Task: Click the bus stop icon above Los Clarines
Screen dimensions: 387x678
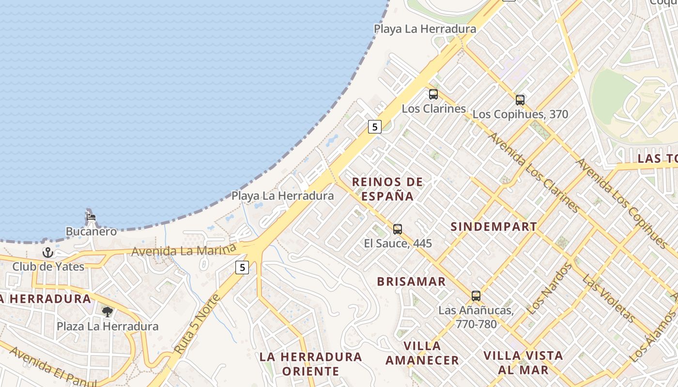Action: (433, 94)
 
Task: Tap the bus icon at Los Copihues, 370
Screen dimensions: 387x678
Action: (520, 100)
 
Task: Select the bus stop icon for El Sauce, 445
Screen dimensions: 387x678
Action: (398, 229)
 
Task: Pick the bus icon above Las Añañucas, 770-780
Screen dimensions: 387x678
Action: (476, 296)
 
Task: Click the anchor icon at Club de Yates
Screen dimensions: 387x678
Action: (47, 252)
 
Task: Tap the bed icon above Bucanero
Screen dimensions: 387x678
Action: (91, 217)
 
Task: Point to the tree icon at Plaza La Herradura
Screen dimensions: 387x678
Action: (107, 312)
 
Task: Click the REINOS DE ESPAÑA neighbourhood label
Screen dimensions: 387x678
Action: (387, 189)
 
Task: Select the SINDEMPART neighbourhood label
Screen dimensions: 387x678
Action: (493, 226)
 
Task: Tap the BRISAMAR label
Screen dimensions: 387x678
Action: (411, 282)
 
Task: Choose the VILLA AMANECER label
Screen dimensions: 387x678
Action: (422, 353)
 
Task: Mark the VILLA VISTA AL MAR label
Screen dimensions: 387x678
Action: (523, 363)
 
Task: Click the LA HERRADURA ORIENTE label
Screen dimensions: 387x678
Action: (310, 364)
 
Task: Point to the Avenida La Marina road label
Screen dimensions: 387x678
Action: (184, 251)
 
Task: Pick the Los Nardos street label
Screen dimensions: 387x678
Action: (548, 288)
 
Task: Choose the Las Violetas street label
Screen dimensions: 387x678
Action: (608, 298)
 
